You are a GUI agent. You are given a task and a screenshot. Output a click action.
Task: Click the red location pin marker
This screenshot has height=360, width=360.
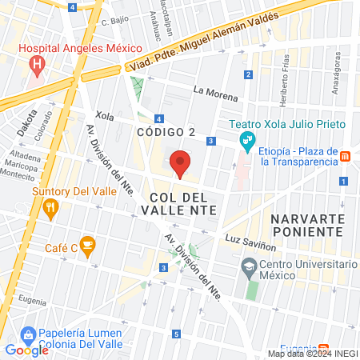pyautogui.click(x=181, y=163)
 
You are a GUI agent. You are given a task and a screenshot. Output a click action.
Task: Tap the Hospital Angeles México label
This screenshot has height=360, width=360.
pyautogui.click(x=79, y=48)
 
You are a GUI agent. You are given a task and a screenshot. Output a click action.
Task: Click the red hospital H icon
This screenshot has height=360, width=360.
pyautogui.click(x=34, y=65)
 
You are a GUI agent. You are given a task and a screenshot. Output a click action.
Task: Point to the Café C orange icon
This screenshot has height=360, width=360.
pyautogui.click(x=89, y=246)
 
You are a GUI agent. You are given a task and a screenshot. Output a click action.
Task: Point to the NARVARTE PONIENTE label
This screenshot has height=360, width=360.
pyautogui.click(x=307, y=225)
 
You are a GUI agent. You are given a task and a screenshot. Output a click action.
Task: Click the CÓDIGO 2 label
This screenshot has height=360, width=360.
pyautogui.click(x=166, y=132)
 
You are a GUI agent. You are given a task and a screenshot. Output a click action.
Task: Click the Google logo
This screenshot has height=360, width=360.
pyautogui.click(x=26, y=350)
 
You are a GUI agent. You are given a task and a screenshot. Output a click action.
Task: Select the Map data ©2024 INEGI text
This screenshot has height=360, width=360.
pyautogui.click(x=311, y=354)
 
